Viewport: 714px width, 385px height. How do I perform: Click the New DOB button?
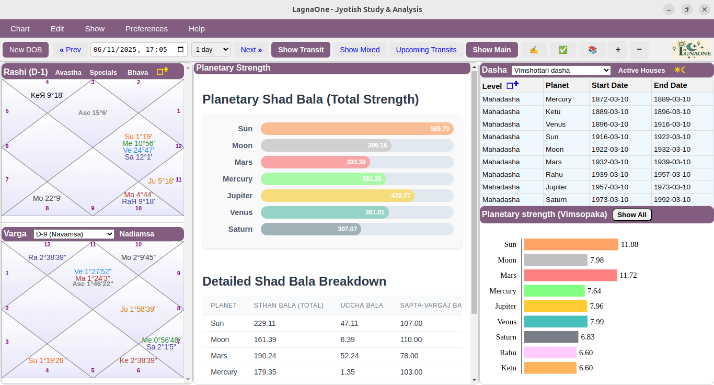(x=26, y=50)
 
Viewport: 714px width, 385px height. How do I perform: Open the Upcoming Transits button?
(x=426, y=50)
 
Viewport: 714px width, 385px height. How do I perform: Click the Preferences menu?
(x=146, y=29)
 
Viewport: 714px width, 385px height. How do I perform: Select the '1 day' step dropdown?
(x=211, y=50)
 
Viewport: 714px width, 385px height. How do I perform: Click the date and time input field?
(x=139, y=50)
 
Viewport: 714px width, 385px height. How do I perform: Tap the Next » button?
(x=251, y=50)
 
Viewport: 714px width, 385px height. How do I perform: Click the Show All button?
(x=632, y=214)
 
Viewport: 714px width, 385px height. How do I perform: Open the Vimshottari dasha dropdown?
(x=561, y=70)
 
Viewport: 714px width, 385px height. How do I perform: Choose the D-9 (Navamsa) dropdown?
(x=74, y=234)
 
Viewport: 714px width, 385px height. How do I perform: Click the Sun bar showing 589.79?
(x=357, y=129)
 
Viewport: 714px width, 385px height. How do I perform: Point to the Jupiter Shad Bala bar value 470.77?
(x=400, y=196)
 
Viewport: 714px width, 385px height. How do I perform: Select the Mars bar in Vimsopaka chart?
(x=570, y=275)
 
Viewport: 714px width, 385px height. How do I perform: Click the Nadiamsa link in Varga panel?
(x=137, y=234)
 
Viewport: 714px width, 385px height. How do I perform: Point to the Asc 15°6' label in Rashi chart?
(x=93, y=112)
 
